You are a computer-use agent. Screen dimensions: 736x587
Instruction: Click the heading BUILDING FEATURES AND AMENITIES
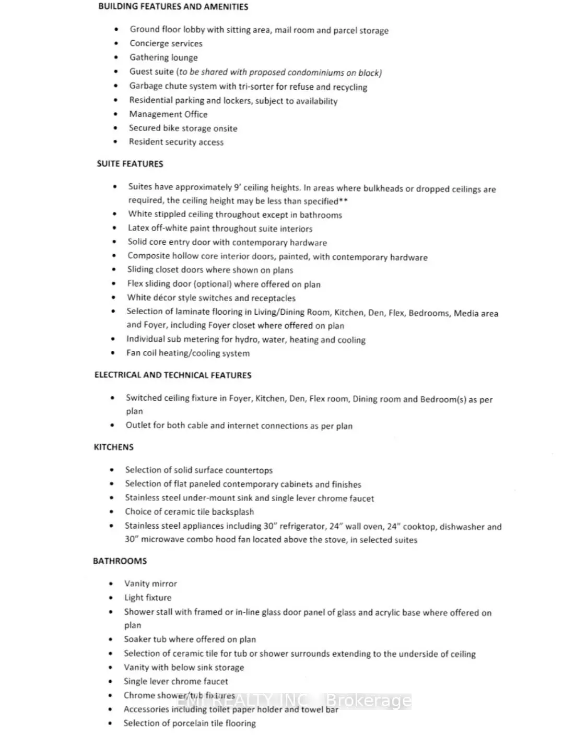pyautogui.click(x=173, y=7)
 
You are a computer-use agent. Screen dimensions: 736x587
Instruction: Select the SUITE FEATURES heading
pyautogui.click(x=130, y=164)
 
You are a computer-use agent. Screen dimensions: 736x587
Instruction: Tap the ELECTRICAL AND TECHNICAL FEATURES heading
pyautogui.click(x=172, y=375)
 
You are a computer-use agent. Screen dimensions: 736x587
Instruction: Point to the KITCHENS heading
pyautogui.click(x=113, y=447)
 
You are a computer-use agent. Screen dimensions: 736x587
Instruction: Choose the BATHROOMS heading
pyautogui.click(x=120, y=561)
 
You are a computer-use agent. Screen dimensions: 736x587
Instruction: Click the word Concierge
pyautogui.click(x=148, y=44)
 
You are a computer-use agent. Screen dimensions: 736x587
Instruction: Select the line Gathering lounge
pyautogui.click(x=163, y=58)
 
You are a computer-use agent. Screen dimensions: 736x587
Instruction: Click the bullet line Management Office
pyautogui.click(x=168, y=114)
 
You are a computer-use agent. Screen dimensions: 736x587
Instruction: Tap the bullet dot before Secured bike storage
pyautogui.click(x=115, y=128)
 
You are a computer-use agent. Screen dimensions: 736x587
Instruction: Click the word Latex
pyautogui.click(x=138, y=228)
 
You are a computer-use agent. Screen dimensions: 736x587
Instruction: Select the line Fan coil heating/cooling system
pyautogui.click(x=187, y=353)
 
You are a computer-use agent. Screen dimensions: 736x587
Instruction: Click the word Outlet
pyautogui.click(x=138, y=425)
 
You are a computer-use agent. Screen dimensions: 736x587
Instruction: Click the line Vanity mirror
pyautogui.click(x=150, y=584)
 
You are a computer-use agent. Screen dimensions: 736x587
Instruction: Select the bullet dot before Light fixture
pyautogui.click(x=111, y=598)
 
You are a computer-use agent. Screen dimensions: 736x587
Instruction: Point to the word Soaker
pyautogui.click(x=137, y=639)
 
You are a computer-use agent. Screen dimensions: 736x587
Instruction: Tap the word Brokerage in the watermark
pyautogui.click(x=369, y=701)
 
